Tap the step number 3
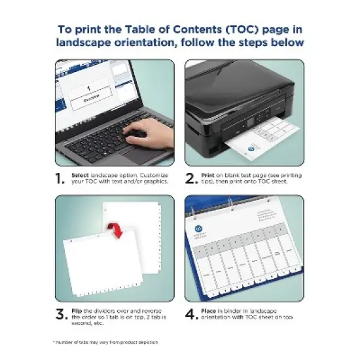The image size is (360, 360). coord(60,314)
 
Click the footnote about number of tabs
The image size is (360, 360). coord(105,342)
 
